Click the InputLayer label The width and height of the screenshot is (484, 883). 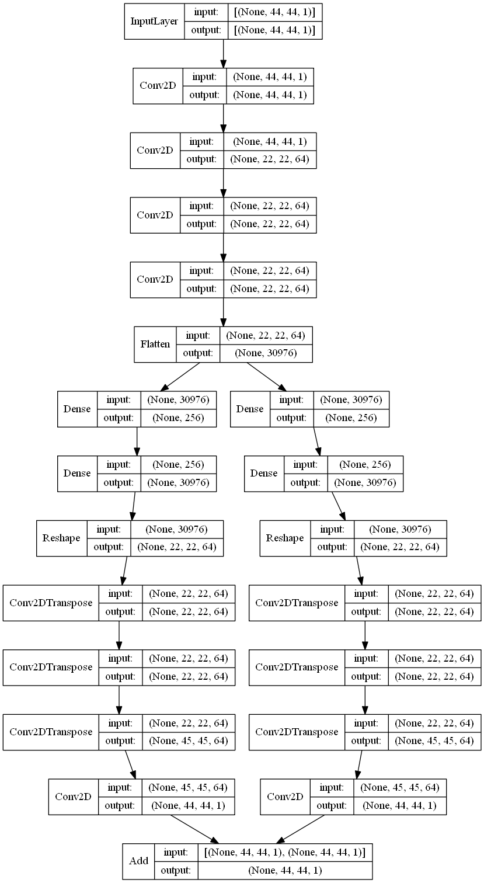pos(154,21)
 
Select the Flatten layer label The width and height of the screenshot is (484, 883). pos(155,344)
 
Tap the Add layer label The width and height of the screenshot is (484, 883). pos(139,861)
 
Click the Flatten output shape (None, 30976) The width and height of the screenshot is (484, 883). pos(266,353)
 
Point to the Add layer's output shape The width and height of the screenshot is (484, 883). pos(285,870)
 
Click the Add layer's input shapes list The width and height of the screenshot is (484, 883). pos(285,852)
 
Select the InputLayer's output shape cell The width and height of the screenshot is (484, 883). pos(275,30)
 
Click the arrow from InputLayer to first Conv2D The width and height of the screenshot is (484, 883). pos(224,54)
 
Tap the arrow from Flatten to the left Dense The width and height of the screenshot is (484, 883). pos(180,377)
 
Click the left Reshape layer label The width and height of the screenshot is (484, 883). pos(61,538)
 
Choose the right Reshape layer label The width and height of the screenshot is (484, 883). pos(285,538)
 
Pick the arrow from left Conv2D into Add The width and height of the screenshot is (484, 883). pos(194,829)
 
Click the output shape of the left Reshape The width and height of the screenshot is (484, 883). pos(176,547)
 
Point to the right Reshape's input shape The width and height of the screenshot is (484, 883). pos(400,529)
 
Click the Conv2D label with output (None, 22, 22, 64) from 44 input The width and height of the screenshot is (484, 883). pos(155,150)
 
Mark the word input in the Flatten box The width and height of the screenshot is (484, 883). pos(198,335)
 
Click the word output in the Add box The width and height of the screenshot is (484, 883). pos(176,870)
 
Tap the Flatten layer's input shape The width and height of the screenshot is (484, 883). pos(266,335)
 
